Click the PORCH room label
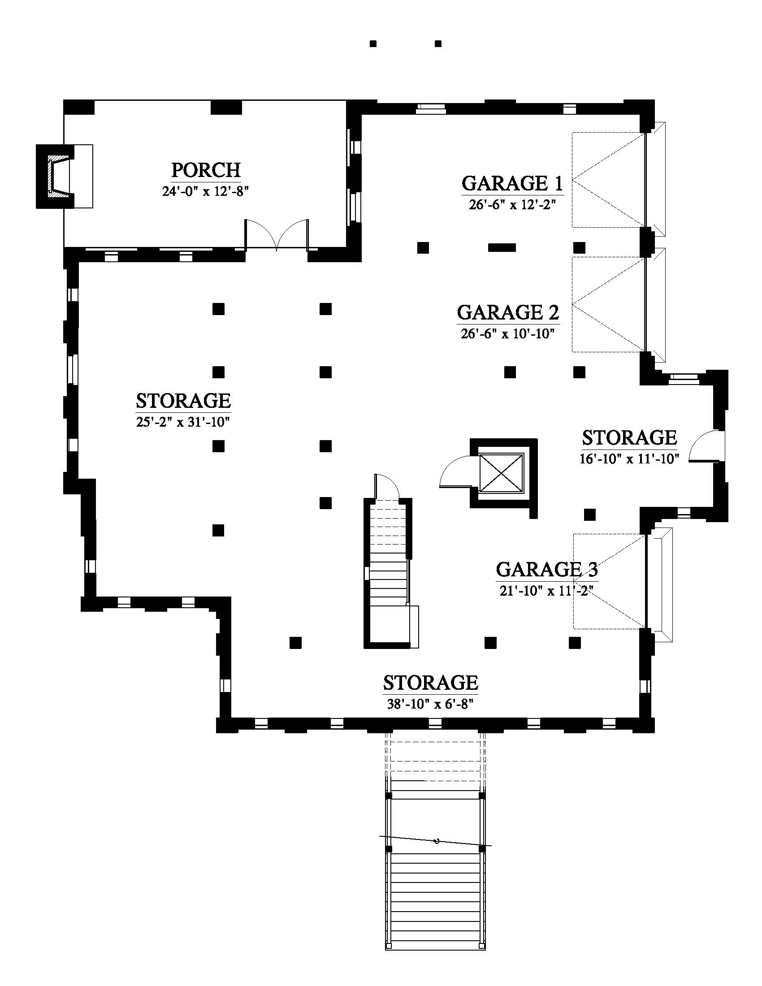206,170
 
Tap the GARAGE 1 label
512,183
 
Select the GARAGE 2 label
508,312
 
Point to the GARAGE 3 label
547,569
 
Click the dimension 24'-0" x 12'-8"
206,192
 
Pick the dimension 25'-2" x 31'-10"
183,422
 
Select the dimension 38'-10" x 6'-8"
430,704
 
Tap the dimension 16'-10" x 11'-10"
629,459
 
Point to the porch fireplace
59,176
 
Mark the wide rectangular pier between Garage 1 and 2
502,247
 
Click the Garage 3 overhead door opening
646,581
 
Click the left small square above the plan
373,44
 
